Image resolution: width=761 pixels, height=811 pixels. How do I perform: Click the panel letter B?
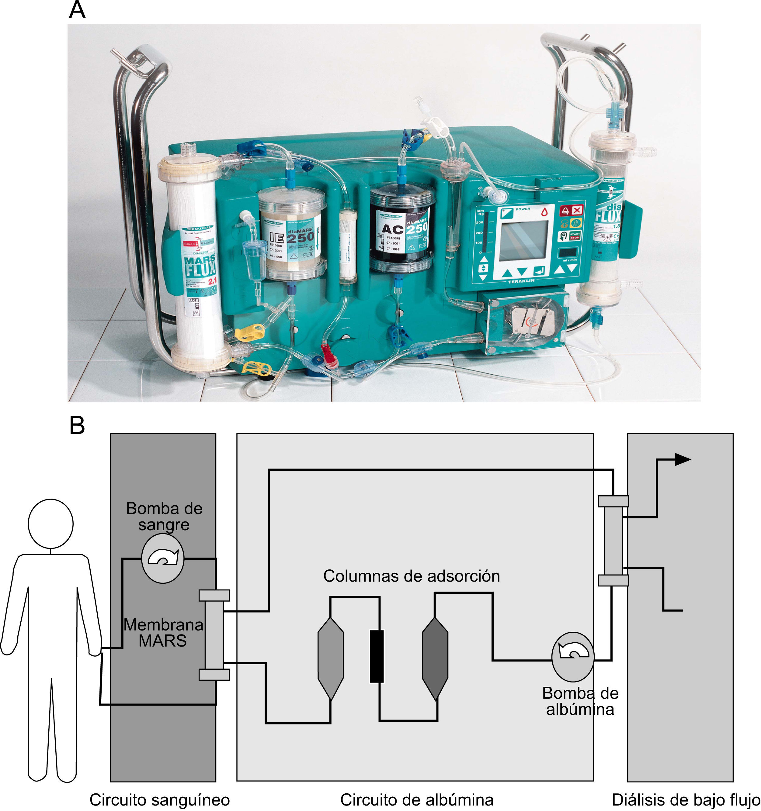pos(77,425)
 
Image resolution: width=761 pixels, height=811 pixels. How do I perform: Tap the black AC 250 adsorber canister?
pos(400,229)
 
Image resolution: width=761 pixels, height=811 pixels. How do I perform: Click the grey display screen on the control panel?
pos(523,241)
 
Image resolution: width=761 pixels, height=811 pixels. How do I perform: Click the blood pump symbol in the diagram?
pos(162,558)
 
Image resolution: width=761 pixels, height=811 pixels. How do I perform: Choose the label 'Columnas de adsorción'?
pos(412,576)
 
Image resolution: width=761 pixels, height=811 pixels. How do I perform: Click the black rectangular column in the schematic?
pos(377,656)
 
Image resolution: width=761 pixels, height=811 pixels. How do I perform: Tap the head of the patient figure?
pos(50,524)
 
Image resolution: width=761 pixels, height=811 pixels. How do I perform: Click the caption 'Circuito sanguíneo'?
pos(160,799)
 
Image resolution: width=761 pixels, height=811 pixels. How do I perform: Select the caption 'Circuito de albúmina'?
pos(417,799)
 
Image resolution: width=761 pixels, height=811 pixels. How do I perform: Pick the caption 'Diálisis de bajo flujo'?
pos(686,799)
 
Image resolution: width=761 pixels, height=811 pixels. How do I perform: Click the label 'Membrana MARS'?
pos(163,633)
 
